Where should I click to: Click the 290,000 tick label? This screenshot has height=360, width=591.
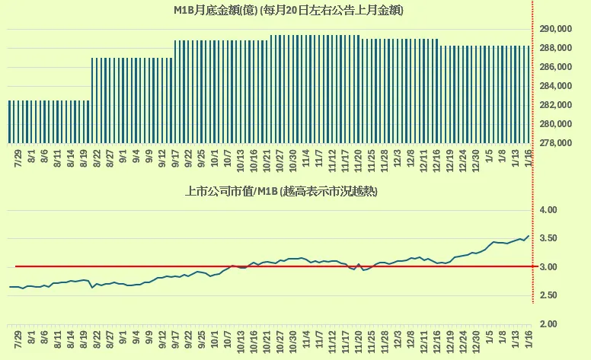(556, 29)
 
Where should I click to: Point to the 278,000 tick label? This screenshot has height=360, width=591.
(556, 143)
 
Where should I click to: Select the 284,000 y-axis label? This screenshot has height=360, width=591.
(556, 105)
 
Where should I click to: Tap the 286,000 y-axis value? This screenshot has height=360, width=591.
(556, 86)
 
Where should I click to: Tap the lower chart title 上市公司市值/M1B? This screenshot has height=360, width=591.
(282, 192)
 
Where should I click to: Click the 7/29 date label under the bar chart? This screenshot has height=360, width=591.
(17, 158)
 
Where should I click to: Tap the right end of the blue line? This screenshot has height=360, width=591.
(528, 236)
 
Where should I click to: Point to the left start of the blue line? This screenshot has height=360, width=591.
(10, 287)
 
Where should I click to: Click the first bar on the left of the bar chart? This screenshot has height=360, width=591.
(10, 122)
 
